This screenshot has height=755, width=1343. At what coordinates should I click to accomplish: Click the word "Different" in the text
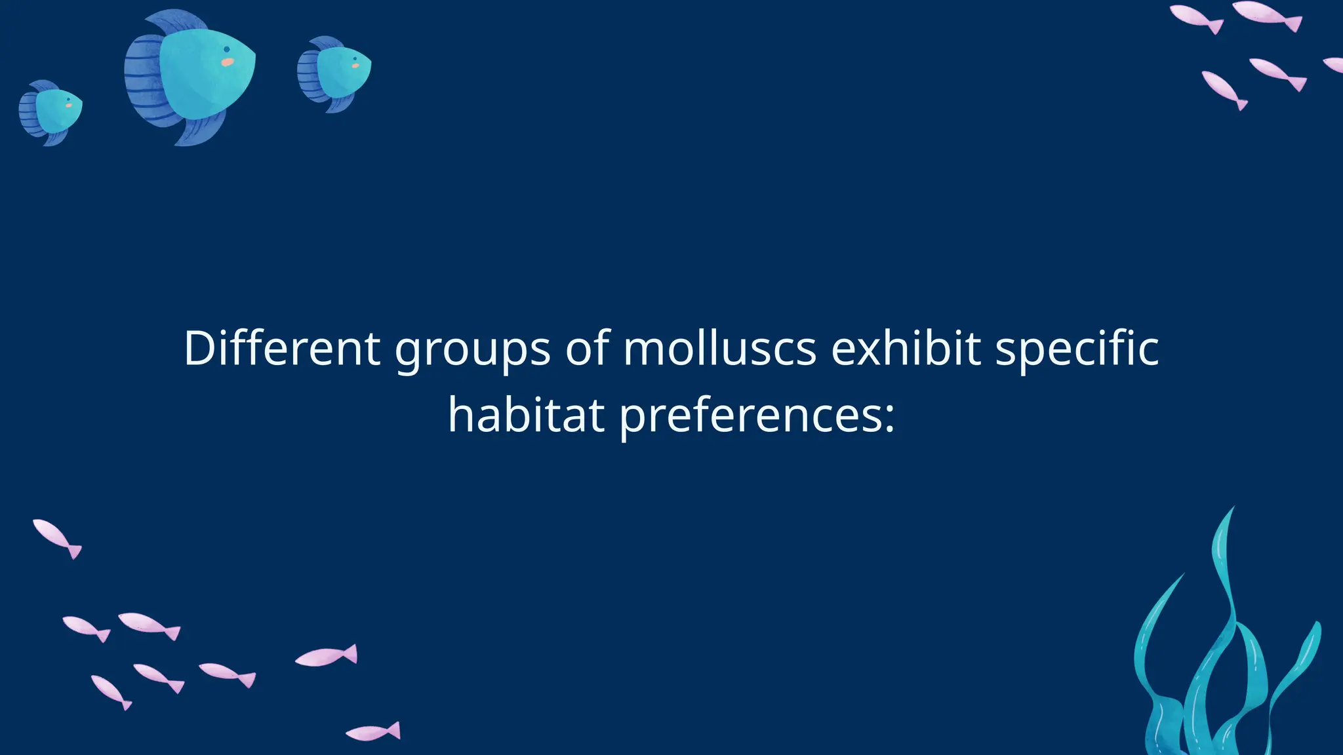[282, 348]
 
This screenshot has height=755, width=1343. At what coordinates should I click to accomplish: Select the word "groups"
[472, 351]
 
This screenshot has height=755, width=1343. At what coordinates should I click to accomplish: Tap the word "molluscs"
[719, 348]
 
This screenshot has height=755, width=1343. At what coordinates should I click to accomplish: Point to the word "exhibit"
[906, 348]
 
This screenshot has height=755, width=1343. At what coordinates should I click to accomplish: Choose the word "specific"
[1077, 351]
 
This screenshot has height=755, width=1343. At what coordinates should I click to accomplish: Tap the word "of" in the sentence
[588, 348]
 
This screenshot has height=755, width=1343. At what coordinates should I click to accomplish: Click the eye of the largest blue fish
[227, 49]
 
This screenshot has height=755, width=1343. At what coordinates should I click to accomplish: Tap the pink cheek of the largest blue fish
[227, 62]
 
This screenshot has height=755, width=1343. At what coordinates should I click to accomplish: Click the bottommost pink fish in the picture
[373, 732]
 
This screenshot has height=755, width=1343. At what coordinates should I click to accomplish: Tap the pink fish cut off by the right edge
[1335, 64]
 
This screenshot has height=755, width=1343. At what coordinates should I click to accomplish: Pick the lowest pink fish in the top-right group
[1224, 90]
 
